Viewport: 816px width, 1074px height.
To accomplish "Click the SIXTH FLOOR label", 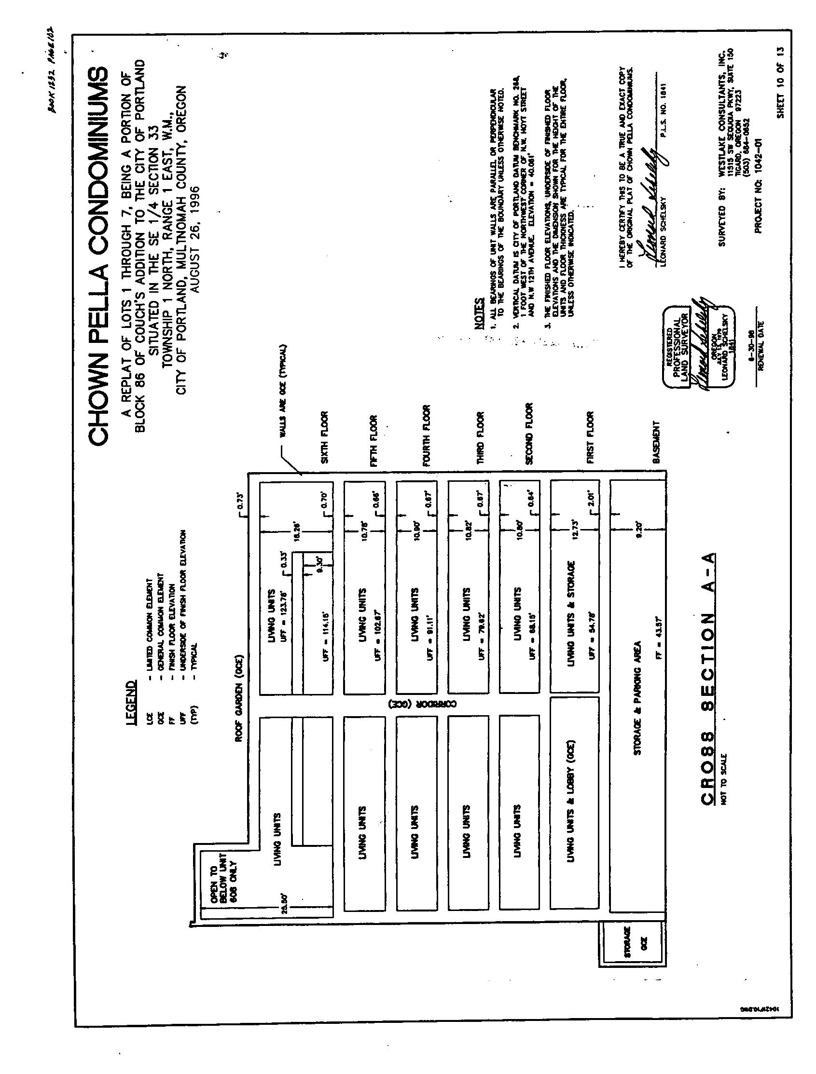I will coord(325,437).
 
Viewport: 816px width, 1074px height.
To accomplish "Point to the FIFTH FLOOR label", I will coord(373,441).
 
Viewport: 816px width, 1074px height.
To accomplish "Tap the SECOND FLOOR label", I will coord(529,434).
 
